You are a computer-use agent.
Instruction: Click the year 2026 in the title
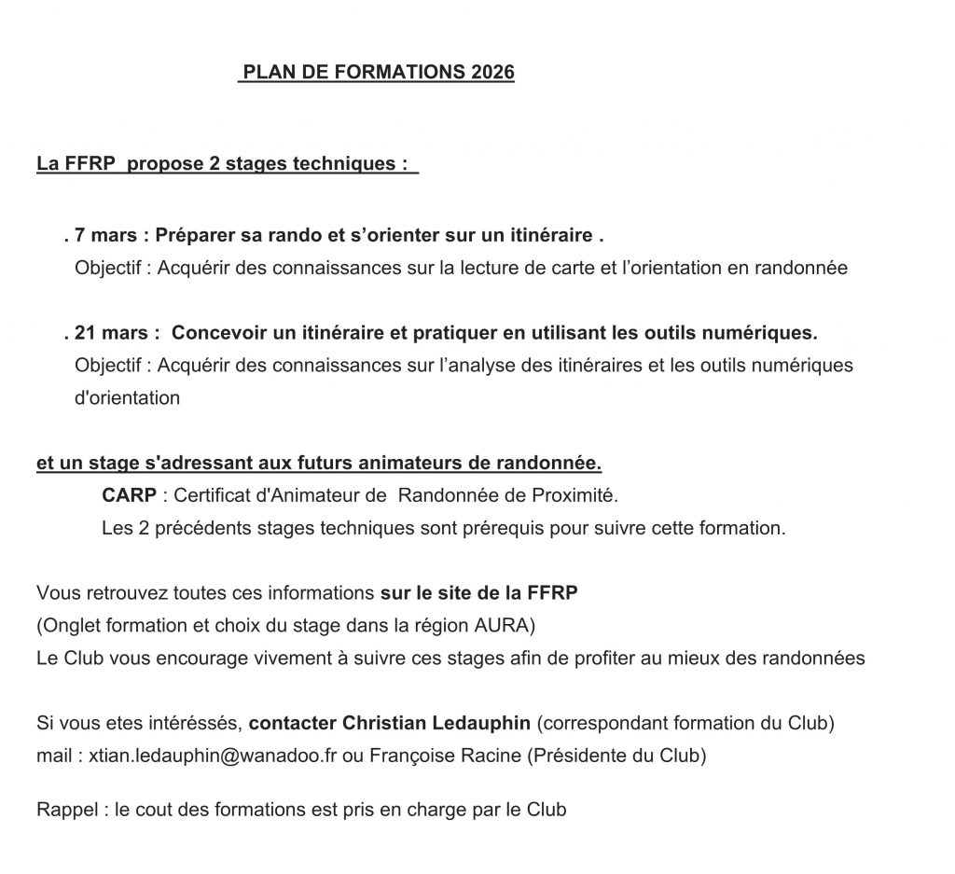pyautogui.click(x=492, y=73)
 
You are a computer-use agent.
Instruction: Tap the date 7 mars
pyautogui.click(x=105, y=236)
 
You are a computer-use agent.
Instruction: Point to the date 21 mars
pyautogui.click(x=110, y=332)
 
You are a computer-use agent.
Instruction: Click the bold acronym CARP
pyautogui.click(x=129, y=494)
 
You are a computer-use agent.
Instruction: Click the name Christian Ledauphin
pyautogui.click(x=437, y=723)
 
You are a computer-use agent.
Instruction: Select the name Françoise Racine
pyautogui.click(x=443, y=756)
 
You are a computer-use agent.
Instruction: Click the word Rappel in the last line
pyautogui.click(x=68, y=810)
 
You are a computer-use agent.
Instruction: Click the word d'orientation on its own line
pyautogui.click(x=127, y=397)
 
